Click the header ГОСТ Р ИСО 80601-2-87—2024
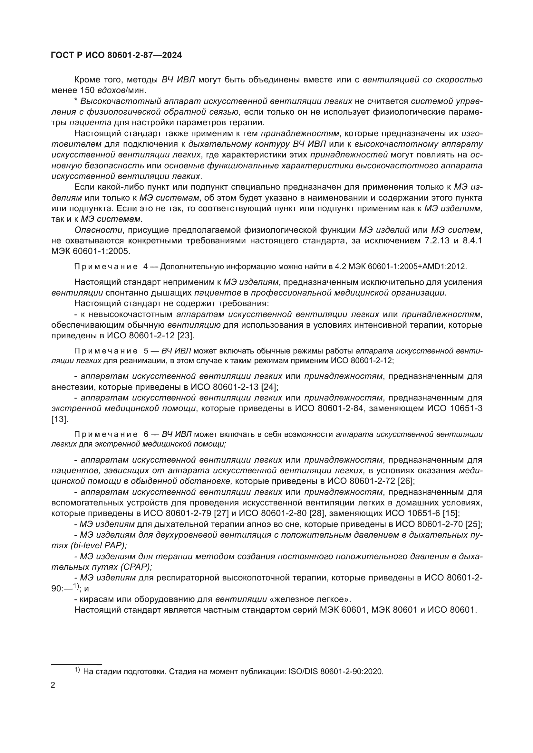117,55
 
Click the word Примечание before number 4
106,266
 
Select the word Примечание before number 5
106,351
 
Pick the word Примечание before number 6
106,435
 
